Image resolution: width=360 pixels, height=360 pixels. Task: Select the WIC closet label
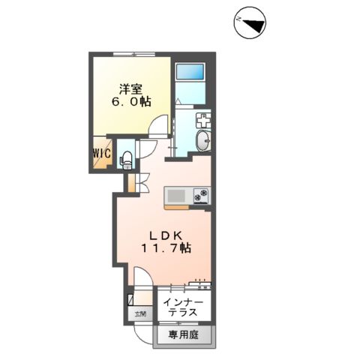coord(101,154)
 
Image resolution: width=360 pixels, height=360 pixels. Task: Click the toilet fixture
coord(127,157)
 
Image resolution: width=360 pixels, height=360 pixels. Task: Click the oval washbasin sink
coord(205,140)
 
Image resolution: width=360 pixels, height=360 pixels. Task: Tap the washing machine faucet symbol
coord(204,120)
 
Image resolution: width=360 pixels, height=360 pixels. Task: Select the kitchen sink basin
coord(176,196)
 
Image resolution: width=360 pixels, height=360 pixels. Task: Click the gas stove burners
coord(201,196)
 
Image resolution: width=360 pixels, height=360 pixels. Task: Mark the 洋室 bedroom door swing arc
coord(156,127)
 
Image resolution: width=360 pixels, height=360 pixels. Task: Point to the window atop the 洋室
coord(133,55)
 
